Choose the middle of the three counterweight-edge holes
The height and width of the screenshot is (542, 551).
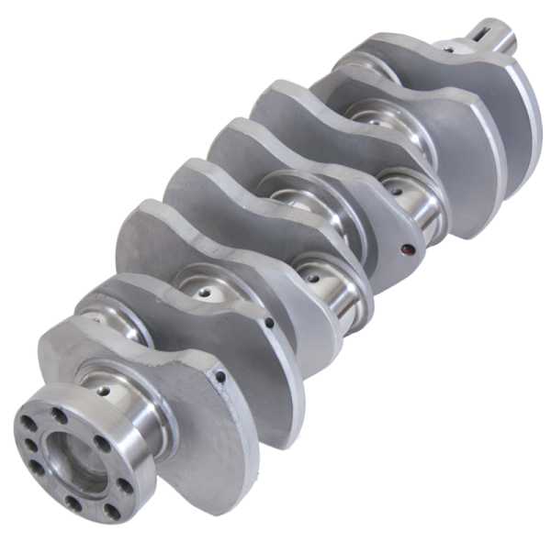click(268, 323)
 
